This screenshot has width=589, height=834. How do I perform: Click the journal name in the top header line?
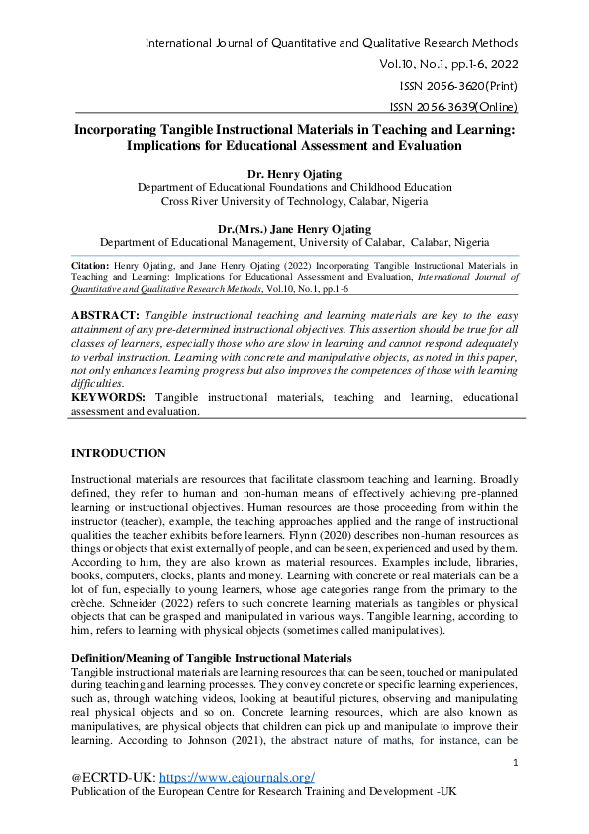pyautogui.click(x=331, y=43)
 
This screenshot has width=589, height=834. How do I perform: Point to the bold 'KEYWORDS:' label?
pyautogui.click(x=109, y=397)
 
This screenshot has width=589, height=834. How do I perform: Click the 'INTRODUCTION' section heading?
pyautogui.click(x=119, y=453)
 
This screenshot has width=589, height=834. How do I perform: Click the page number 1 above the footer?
pyautogui.click(x=517, y=762)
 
